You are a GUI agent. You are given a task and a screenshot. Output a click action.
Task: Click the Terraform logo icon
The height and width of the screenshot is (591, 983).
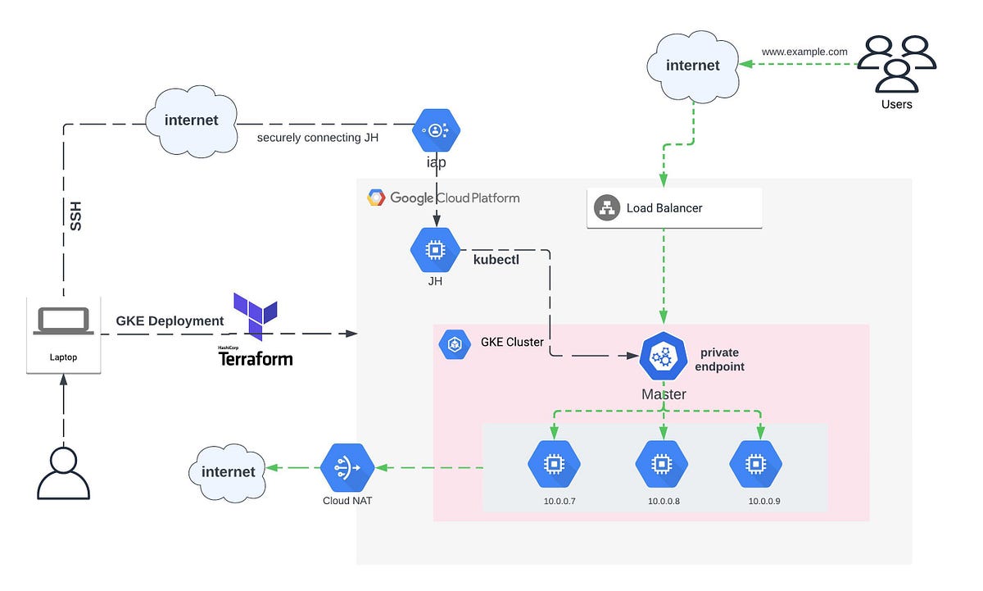[x=255, y=316]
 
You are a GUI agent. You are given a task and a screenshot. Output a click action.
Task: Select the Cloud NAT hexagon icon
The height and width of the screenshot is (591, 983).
[x=347, y=468]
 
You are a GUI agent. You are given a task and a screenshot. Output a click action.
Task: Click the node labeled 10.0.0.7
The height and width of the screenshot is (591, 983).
[x=554, y=464]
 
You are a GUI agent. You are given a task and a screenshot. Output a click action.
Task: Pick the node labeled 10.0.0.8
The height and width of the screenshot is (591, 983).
[x=661, y=464]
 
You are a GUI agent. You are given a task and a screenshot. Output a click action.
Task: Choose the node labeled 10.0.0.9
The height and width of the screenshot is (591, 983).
[x=755, y=464]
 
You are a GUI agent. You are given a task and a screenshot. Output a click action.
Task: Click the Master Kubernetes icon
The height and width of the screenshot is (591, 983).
[x=664, y=357]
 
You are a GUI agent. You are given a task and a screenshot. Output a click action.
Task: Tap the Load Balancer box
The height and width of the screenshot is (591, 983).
[x=675, y=208]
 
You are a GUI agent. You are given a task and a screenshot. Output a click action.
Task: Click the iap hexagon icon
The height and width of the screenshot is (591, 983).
[x=437, y=130]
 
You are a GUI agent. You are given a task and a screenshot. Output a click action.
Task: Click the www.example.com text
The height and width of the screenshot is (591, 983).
[x=804, y=51]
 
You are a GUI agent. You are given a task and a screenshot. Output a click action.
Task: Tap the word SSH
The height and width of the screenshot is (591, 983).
[x=75, y=216]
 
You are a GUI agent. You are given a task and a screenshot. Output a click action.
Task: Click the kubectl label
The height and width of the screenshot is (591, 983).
[x=496, y=259]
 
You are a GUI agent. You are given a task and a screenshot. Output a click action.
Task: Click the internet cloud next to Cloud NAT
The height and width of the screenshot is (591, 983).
[x=227, y=471]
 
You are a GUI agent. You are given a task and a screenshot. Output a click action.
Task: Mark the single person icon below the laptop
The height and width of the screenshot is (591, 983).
[x=63, y=473]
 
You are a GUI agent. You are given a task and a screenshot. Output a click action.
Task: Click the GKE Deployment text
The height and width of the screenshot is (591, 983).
[x=170, y=321]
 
